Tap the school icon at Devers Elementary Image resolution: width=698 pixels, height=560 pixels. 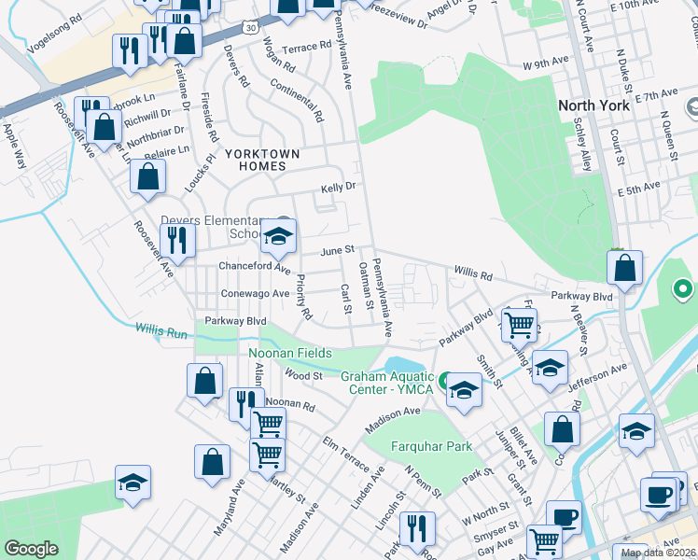(x=278, y=238)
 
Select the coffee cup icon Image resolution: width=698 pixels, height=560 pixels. (x=658, y=494)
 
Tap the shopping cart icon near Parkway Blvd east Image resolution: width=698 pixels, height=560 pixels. (x=519, y=325)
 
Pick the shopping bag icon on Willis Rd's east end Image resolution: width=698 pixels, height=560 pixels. (x=624, y=268)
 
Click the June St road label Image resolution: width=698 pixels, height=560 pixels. (x=338, y=250)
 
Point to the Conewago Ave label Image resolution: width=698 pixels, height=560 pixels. (x=255, y=293)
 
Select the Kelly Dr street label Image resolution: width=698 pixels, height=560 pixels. (x=339, y=187)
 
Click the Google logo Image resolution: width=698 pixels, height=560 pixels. (x=31, y=549)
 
